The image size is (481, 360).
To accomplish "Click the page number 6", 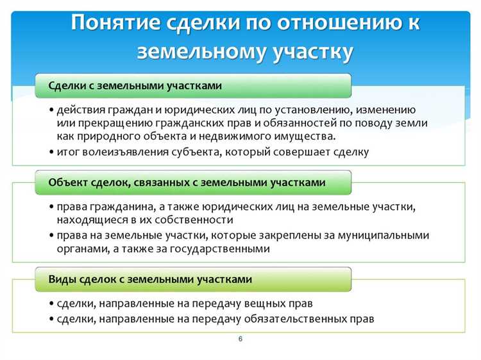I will tap(240, 339).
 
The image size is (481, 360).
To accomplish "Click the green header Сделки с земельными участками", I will tap(135, 85).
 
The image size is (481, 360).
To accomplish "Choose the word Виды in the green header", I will tap(63, 280).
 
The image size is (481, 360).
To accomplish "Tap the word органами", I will tap(81, 248).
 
